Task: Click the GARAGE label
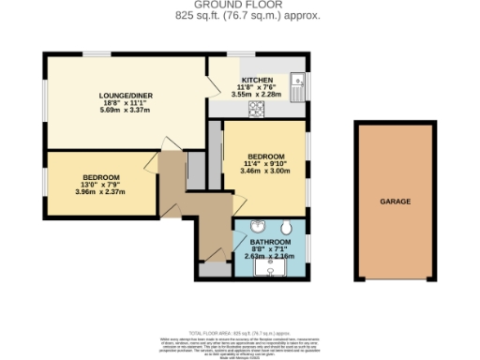click(395, 201)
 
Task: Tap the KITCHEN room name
click(256, 80)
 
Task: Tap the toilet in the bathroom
click(285, 229)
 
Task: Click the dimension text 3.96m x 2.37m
click(99, 193)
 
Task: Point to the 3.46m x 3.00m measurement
click(265, 172)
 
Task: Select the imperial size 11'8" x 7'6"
click(256, 87)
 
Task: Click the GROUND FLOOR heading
click(240, 6)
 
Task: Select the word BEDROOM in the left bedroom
click(99, 177)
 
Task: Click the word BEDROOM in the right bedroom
click(265, 157)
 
